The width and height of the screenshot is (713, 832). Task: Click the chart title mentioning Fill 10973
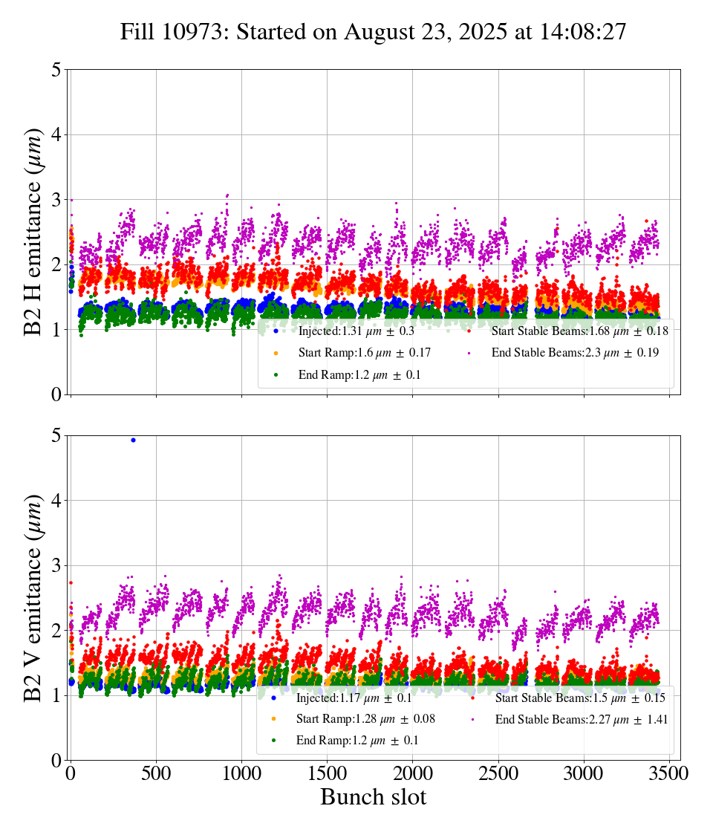(374, 32)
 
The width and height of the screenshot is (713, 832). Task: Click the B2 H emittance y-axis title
(33, 231)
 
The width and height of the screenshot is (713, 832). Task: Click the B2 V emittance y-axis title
(33, 597)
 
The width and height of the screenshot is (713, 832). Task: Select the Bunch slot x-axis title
(374, 797)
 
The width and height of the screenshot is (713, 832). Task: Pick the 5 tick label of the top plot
(56, 70)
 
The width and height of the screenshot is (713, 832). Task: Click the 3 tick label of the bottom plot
(56, 566)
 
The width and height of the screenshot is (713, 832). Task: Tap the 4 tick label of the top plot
(56, 135)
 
